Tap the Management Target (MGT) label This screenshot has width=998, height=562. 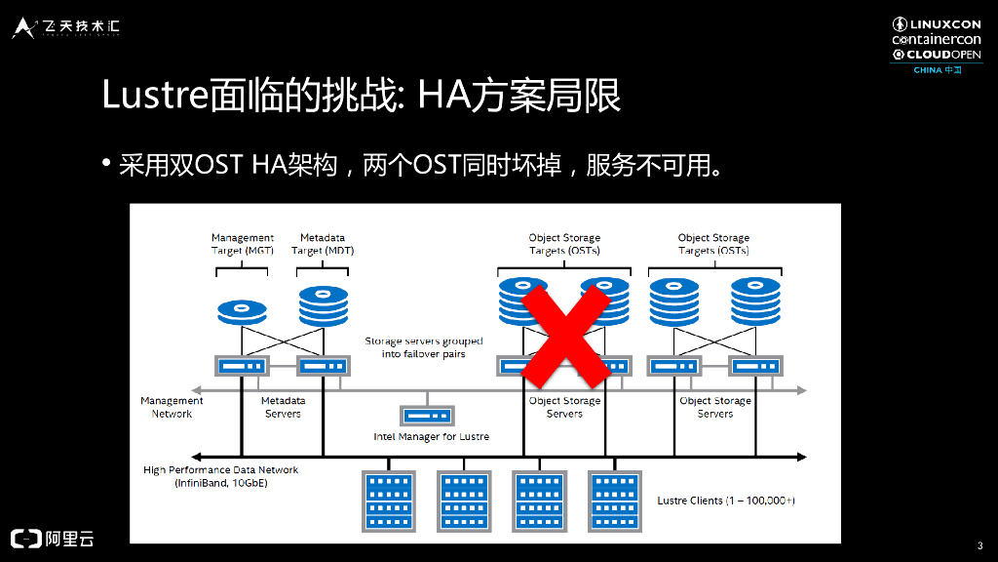(243, 244)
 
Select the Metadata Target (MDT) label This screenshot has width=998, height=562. (323, 244)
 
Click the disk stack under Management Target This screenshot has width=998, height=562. (243, 311)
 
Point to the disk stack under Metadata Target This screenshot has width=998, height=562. (323, 305)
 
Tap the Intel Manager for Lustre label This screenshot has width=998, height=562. (431, 436)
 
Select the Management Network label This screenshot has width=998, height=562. (172, 407)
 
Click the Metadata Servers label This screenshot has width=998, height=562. (283, 407)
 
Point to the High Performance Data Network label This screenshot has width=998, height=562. (220, 476)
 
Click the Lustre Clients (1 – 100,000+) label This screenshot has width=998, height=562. (726, 501)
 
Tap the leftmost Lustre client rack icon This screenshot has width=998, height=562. (388, 501)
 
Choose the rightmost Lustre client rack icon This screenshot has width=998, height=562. (614, 501)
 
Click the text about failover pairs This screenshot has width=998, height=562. (424, 347)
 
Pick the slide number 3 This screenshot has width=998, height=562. (979, 544)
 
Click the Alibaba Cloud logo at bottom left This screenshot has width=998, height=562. (53, 538)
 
